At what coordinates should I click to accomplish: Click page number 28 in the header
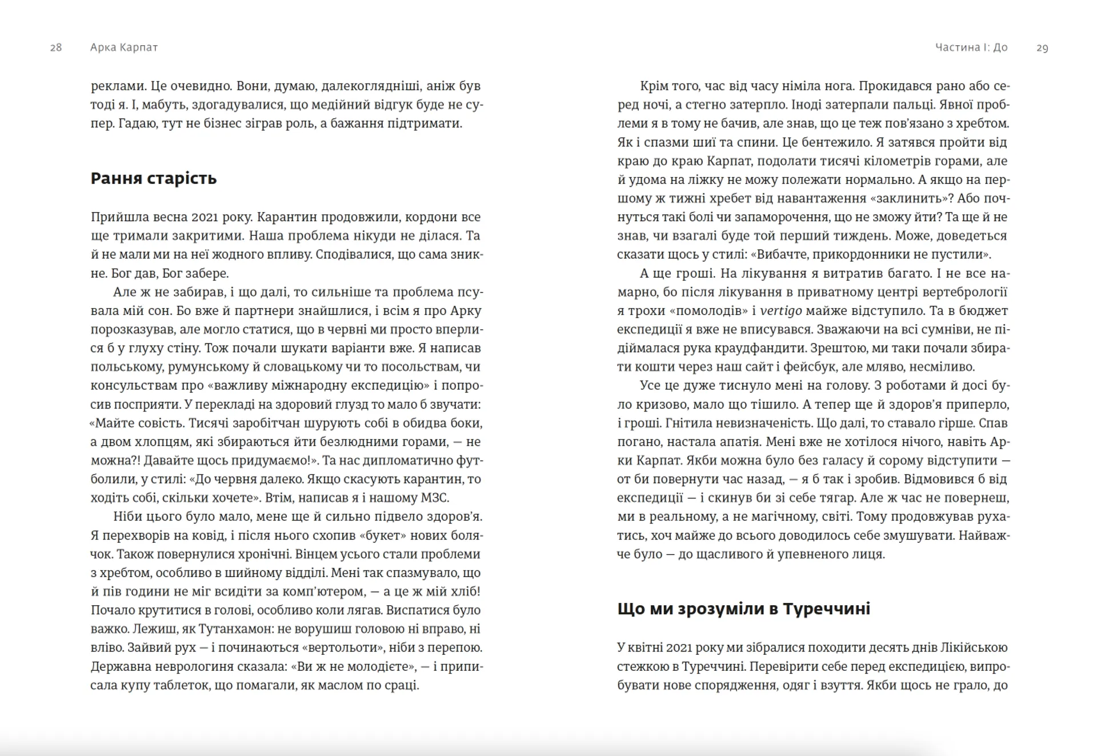coord(56,47)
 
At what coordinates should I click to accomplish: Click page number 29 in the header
coord(1042,48)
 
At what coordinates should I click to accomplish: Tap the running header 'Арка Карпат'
coord(124,47)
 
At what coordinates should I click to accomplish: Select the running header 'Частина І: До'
coord(971,47)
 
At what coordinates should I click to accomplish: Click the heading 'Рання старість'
coord(154,178)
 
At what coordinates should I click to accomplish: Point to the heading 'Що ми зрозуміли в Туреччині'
coord(743,609)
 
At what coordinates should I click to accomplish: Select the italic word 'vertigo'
coord(781,311)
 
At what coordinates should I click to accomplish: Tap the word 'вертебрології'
coord(964,292)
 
